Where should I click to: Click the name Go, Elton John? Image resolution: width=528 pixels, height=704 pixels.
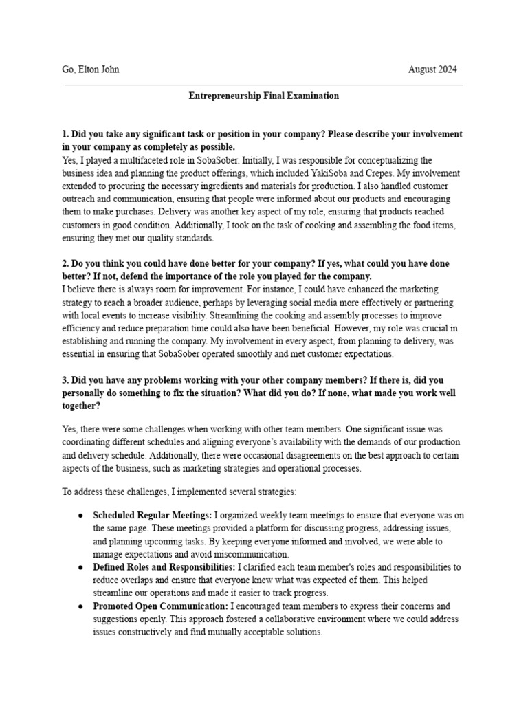click(x=91, y=69)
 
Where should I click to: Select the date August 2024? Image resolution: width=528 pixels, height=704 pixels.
click(x=432, y=69)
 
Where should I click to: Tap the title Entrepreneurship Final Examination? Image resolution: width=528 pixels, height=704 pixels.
click(x=263, y=96)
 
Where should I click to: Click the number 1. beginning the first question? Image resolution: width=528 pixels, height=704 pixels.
click(x=65, y=134)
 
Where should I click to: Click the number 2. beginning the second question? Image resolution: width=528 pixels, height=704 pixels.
click(x=65, y=264)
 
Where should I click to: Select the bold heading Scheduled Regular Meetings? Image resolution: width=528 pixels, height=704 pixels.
click(x=153, y=515)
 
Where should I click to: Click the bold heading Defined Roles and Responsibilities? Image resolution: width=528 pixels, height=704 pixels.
click(x=164, y=567)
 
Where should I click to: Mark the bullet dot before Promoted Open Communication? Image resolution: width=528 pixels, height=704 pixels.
click(x=81, y=606)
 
